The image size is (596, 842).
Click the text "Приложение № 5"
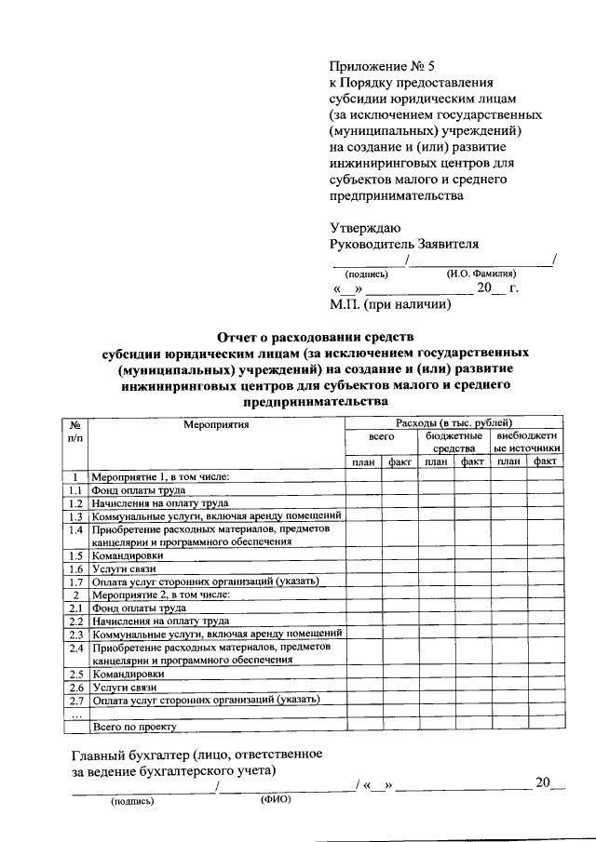point(382,66)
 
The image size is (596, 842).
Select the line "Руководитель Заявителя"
point(404,245)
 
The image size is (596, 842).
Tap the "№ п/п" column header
point(74,431)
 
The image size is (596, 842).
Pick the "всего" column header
point(381,436)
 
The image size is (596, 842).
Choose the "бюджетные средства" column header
point(454,442)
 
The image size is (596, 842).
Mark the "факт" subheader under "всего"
point(400,461)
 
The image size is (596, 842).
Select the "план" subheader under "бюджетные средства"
point(435,461)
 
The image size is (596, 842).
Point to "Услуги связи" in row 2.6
point(124,687)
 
